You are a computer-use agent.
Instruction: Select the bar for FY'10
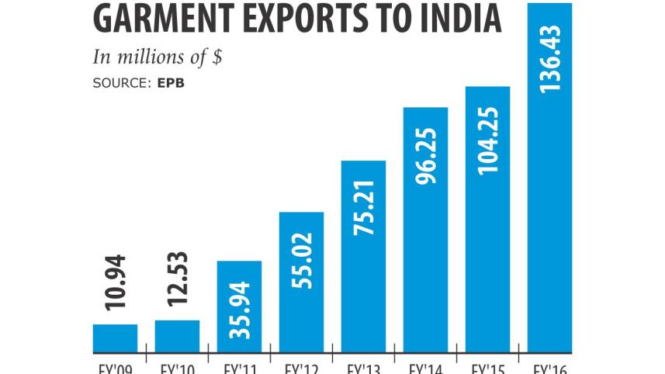pyautogui.click(x=177, y=335)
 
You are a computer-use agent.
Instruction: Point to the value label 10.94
pyautogui.click(x=115, y=286)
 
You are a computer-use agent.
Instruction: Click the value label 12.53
pyautogui.click(x=177, y=282)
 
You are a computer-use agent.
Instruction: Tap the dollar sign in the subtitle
pyautogui.click(x=217, y=58)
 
